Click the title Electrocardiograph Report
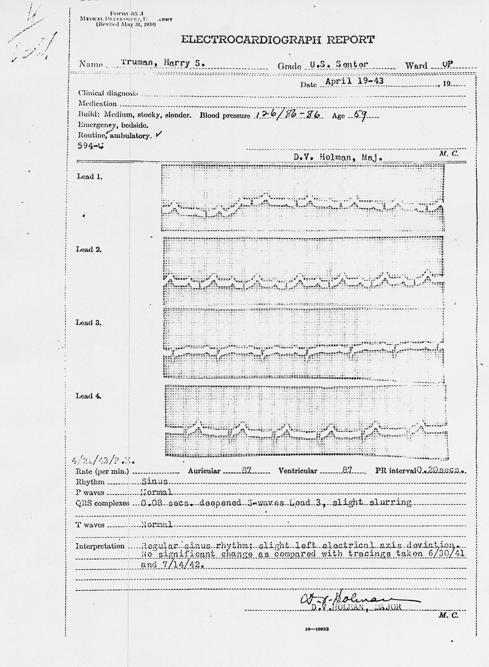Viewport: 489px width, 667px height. coord(277,40)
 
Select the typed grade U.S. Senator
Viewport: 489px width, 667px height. coord(340,65)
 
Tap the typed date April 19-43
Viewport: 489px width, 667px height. coord(350,82)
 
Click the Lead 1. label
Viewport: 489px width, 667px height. coord(89,177)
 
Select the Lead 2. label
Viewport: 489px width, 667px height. coord(89,249)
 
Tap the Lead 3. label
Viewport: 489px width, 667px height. coord(89,323)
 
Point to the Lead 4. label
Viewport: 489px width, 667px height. coord(89,396)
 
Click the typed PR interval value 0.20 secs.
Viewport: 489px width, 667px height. coord(439,470)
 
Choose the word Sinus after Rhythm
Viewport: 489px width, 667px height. coord(155,481)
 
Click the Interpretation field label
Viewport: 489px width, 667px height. coord(100,546)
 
